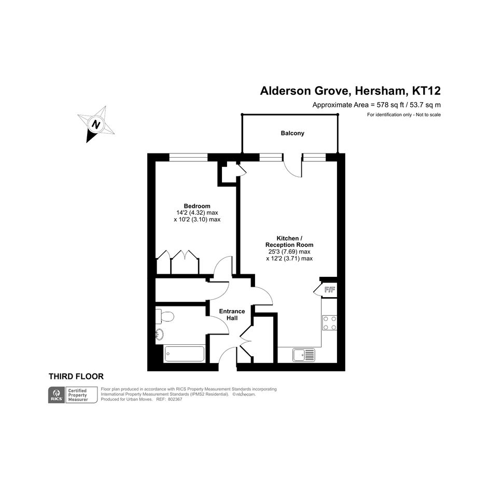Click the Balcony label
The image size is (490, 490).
click(x=292, y=133)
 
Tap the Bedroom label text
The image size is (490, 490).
click(x=197, y=206)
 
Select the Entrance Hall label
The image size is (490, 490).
click(x=232, y=315)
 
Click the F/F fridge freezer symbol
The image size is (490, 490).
click(x=330, y=290)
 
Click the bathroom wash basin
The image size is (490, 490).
click(x=160, y=334)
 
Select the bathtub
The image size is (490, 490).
click(x=185, y=354)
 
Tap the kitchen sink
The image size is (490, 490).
click(x=304, y=355)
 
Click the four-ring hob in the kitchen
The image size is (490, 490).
click(x=330, y=323)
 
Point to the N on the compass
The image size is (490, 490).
click(x=95, y=124)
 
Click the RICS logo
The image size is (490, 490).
click(x=57, y=395)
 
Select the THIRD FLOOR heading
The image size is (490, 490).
click(x=76, y=376)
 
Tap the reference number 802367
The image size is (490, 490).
click(x=175, y=399)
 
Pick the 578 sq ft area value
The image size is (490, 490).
click(x=389, y=105)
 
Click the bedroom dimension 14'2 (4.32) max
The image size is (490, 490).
click(x=197, y=213)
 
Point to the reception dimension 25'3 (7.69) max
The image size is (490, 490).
click(x=289, y=252)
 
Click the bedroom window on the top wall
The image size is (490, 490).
click(x=188, y=157)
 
